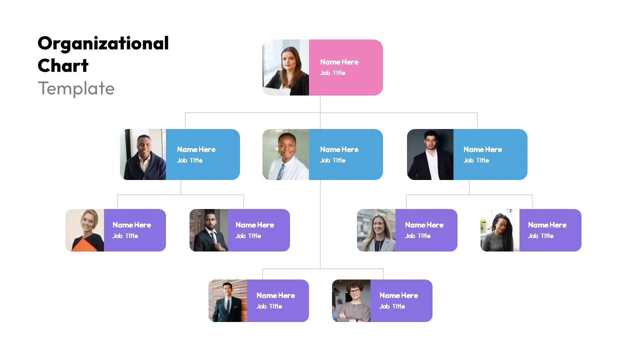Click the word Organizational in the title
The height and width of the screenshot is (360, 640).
[x=103, y=44]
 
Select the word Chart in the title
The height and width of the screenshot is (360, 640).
[x=63, y=65]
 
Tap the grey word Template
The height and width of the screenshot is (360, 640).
[x=76, y=88]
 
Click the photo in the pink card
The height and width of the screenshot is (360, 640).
[x=285, y=67]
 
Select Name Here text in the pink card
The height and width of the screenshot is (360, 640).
[x=339, y=62]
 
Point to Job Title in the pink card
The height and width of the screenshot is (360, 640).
[x=332, y=73]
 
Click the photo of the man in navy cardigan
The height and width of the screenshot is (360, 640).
[x=143, y=154]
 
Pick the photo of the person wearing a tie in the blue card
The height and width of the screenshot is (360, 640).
[x=285, y=154]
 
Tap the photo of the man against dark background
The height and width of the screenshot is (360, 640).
[x=430, y=154]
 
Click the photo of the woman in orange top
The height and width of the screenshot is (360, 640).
[x=85, y=230]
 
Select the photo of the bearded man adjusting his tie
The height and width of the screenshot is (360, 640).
[x=208, y=230]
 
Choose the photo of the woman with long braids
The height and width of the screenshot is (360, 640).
[x=500, y=230]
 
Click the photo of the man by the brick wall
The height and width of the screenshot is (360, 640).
[x=227, y=300]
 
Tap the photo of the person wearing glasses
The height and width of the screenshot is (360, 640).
[x=351, y=300]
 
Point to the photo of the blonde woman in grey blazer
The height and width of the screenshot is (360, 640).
[x=376, y=230]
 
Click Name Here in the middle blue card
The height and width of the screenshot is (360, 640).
[x=339, y=149]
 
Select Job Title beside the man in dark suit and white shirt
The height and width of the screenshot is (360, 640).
[x=476, y=160]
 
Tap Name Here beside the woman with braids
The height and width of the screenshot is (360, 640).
[x=547, y=225]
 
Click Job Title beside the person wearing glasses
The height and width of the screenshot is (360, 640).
[x=392, y=306]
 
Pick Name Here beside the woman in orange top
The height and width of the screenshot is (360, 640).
[x=131, y=225]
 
